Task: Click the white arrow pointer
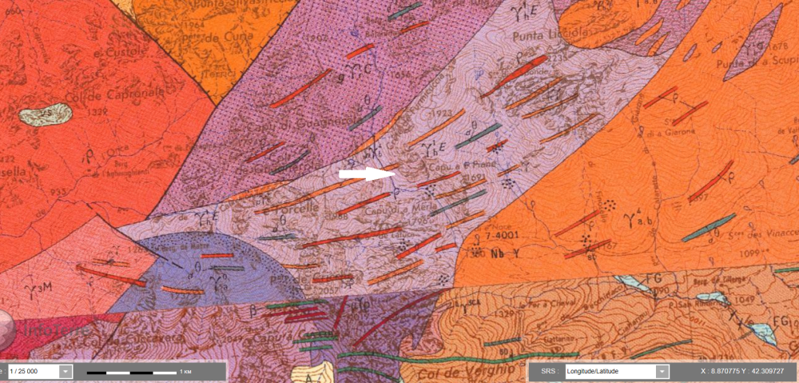click(367, 174)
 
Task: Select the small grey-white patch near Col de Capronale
click(45, 115)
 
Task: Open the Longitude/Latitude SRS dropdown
click(661, 371)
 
